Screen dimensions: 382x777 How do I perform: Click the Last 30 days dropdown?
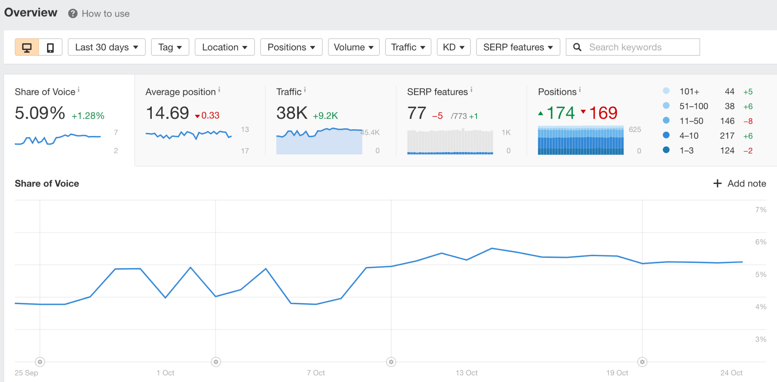106,47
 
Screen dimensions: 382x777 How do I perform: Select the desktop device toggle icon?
27,47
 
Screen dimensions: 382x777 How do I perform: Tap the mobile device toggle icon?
50,47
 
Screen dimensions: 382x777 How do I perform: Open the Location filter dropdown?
224,47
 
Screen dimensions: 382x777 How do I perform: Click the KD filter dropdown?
453,47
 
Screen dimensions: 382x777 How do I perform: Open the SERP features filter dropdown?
517,47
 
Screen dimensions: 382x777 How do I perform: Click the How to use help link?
105,14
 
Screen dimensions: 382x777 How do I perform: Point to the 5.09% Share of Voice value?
40,113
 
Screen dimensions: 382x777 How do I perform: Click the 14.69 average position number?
167,113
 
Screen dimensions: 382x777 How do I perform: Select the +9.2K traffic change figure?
325,116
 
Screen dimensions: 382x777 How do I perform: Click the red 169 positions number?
603,113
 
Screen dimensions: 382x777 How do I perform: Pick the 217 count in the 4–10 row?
727,136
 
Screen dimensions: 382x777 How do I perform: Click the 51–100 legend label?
694,106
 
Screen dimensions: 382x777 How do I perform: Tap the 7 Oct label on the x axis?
316,373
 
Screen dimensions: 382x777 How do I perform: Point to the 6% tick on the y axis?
760,242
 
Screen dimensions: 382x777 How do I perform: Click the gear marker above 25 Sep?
40,362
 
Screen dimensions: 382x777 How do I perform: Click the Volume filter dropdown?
353,47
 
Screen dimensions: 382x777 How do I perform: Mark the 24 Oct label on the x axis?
731,373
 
